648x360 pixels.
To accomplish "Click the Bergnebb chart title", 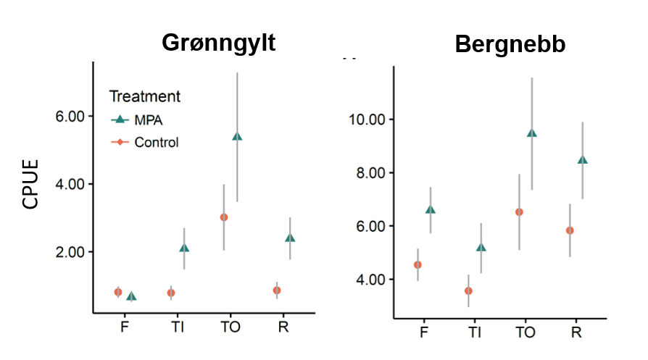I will [x=510, y=45].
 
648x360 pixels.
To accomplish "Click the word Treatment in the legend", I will [x=145, y=96].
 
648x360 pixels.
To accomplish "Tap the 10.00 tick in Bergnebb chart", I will [x=366, y=119].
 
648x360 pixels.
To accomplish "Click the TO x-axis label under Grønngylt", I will [x=230, y=327].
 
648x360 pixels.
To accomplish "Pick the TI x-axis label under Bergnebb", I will [x=475, y=332].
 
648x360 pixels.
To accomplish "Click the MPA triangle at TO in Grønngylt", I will [x=237, y=136].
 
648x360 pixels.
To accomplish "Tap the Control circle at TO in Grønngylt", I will [x=224, y=217].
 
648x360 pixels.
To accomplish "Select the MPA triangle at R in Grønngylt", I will [x=290, y=238].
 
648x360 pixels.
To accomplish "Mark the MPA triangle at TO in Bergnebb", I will [x=532, y=133].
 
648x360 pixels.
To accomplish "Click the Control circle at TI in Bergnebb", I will [x=468, y=290].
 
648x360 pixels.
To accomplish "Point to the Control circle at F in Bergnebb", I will [x=418, y=264].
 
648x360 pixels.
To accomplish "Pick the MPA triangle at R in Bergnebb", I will [x=583, y=160].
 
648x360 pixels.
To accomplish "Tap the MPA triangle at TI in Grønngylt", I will [x=184, y=248].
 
